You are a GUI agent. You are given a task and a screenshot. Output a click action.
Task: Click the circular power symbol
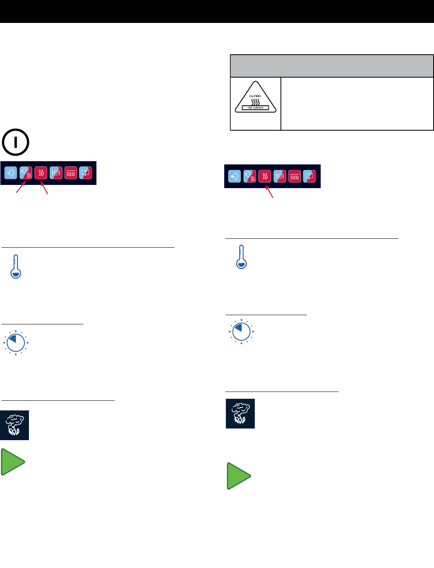point(15,142)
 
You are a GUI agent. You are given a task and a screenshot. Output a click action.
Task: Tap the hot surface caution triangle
point(256,99)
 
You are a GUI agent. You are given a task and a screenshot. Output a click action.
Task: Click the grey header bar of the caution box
point(332,66)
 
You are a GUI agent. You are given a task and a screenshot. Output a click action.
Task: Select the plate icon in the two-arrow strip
point(56,173)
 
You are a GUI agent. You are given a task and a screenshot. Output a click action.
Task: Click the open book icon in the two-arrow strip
point(85,173)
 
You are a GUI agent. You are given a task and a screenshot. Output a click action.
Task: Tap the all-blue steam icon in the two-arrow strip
point(11,173)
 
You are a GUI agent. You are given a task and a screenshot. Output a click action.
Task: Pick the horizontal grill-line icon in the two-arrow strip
point(71,173)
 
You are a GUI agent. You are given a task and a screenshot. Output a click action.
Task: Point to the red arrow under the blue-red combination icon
point(20,188)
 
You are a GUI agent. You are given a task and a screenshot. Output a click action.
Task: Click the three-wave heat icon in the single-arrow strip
point(265,176)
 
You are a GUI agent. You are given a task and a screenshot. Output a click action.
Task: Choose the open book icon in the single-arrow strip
point(309,176)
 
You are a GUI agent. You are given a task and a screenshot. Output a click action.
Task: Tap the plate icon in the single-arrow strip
point(280,176)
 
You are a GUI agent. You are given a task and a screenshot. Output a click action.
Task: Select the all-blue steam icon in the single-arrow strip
point(235,176)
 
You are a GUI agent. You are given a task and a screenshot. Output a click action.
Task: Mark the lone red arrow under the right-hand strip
point(270,191)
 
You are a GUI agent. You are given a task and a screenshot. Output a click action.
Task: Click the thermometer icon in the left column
point(16,267)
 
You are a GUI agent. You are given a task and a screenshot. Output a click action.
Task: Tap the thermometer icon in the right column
point(241,257)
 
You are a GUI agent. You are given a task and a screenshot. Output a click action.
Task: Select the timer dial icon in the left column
point(16,343)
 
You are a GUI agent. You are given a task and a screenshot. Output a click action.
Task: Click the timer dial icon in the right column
point(241,332)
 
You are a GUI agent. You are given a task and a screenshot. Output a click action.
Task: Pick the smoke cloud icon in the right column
point(240,414)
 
